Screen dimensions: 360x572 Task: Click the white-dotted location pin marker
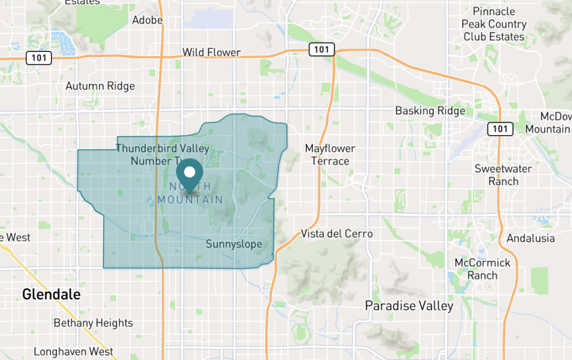pos(189,172)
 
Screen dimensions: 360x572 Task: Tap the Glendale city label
pos(51,294)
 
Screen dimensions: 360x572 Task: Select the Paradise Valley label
pos(409,305)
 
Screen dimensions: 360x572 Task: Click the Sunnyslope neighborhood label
pos(233,244)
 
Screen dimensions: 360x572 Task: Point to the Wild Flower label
pos(212,52)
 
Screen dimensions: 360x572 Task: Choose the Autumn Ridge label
pos(100,86)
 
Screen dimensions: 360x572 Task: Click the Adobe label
pos(147,20)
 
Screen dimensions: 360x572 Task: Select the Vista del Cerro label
pos(336,233)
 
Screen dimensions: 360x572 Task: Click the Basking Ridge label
pos(430,111)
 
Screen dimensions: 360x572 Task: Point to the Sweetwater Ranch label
pos(503,175)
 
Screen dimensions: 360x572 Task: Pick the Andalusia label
pos(530,238)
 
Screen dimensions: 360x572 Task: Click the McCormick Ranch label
pos(483,268)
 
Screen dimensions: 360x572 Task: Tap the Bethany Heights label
pos(93,323)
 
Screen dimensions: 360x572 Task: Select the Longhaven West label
pos(73,352)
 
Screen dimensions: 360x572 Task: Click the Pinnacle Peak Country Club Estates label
pos(494,24)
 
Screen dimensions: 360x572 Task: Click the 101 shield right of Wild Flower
pos(322,50)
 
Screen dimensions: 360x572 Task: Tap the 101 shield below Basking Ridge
pos(500,129)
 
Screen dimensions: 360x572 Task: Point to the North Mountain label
pos(190,193)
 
